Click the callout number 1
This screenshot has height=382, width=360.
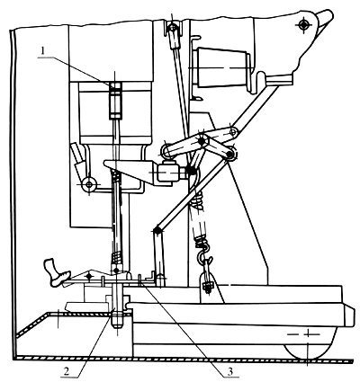43,50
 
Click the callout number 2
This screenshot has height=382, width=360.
67,371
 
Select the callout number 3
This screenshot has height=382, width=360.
230,371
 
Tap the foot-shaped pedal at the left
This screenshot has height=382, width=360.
57,272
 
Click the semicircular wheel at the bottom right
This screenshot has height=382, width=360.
309,344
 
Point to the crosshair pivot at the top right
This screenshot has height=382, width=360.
304,24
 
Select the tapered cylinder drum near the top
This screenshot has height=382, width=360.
223,68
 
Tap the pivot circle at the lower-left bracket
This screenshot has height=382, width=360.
89,183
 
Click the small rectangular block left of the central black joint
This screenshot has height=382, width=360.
166,173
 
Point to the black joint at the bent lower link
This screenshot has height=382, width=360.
157,230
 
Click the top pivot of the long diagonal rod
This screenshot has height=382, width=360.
173,27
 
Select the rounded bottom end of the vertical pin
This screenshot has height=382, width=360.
117,323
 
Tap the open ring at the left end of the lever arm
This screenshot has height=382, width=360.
166,150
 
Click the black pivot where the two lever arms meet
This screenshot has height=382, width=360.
202,139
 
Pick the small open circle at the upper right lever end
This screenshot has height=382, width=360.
232,131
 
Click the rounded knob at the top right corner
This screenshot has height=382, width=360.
326,17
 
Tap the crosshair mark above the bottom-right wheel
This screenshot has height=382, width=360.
308,333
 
